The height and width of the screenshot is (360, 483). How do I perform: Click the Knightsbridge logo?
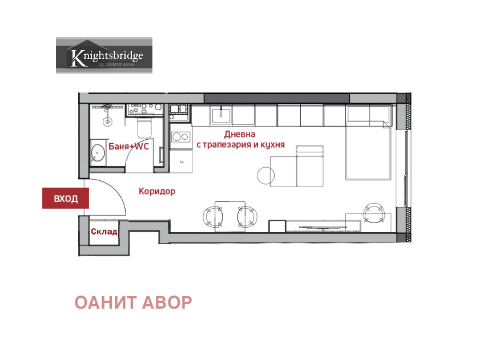pyautogui.click(x=104, y=55)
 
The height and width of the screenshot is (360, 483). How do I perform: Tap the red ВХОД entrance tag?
pyautogui.click(x=66, y=199)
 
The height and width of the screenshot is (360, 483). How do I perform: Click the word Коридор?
pyautogui.click(x=157, y=191)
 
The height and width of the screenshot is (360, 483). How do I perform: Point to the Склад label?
pyautogui.click(x=104, y=232)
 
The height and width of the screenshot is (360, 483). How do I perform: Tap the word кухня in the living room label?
pyautogui.click(x=272, y=145)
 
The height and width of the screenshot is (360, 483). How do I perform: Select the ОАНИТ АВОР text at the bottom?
pyautogui.click(x=133, y=302)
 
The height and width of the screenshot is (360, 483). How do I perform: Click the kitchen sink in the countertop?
pyautogui.click(x=221, y=116)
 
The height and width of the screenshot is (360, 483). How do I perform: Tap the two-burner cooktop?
pyautogui.click(x=181, y=137)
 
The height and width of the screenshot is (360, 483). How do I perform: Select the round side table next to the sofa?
pyautogui.click(x=266, y=175)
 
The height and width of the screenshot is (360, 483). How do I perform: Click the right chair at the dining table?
pyautogui.click(x=247, y=216)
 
